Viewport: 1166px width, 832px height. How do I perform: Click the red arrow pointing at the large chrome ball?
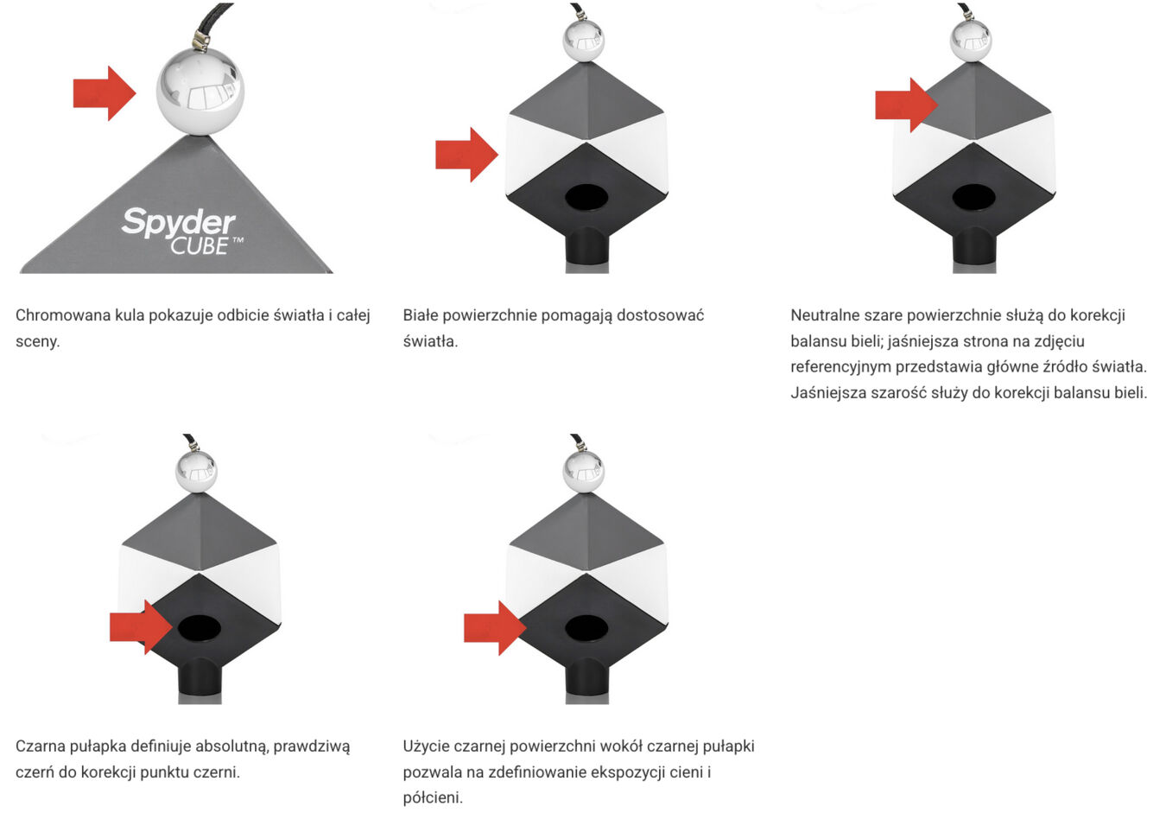105,93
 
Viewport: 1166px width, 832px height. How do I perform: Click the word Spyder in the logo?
179,222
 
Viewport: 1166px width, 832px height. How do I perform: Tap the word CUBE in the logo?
200,246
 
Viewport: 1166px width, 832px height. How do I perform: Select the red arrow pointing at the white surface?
467,155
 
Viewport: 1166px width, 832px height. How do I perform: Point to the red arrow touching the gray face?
907,105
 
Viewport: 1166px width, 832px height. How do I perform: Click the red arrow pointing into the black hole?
141,627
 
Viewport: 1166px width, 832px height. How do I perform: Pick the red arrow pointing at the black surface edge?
495,628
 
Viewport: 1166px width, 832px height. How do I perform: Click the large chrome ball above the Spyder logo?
200,92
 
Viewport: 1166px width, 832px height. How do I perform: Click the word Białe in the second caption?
421,315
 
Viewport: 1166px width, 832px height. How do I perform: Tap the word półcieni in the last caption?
433,797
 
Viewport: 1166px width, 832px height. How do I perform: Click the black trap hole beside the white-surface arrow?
586,197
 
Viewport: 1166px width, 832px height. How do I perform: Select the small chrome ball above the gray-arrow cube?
971,41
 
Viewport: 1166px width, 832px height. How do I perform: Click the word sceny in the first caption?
37,341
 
